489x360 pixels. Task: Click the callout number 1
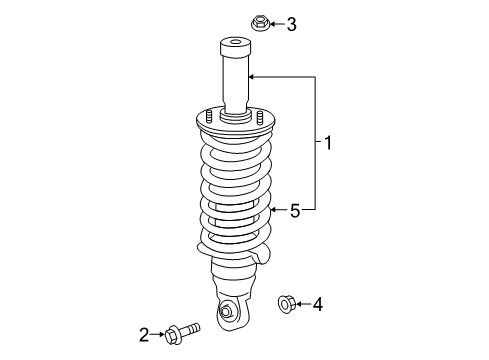click(x=328, y=144)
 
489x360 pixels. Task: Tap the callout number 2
click(x=144, y=334)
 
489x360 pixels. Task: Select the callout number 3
click(x=292, y=23)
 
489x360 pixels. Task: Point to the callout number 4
click(x=319, y=303)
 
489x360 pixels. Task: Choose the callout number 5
click(x=295, y=210)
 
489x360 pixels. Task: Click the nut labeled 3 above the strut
click(x=256, y=21)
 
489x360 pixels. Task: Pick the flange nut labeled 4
click(x=283, y=302)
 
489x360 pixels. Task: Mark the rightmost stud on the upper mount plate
click(x=262, y=117)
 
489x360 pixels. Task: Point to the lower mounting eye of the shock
click(x=227, y=312)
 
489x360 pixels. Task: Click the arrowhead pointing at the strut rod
click(x=252, y=76)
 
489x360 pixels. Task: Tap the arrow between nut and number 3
click(x=274, y=23)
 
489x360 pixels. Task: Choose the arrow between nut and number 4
click(x=303, y=303)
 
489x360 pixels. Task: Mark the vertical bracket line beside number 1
click(x=317, y=143)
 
